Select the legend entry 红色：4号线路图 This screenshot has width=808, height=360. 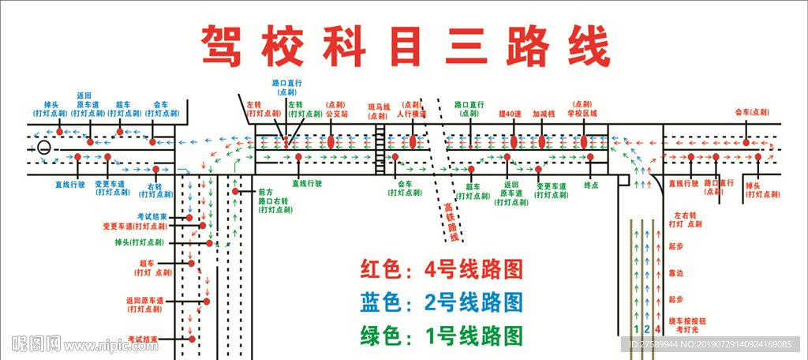coord(442,270)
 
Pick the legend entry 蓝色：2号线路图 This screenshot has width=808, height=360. coord(442,303)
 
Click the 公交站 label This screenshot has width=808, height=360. coord(337,114)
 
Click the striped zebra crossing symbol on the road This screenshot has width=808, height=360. coord(380,143)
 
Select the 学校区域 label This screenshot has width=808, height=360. coord(582,114)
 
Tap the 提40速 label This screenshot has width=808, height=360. coord(510,114)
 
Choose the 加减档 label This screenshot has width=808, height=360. coord(544,114)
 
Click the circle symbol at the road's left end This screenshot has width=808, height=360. coord(44,147)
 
